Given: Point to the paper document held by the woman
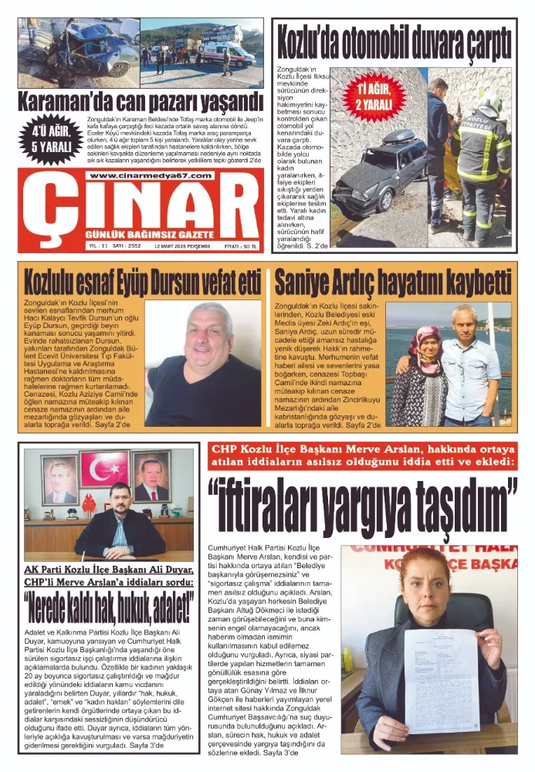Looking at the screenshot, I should pyautogui.click(x=441, y=679).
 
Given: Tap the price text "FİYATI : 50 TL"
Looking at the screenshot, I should pyautogui.click(x=240, y=245).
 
